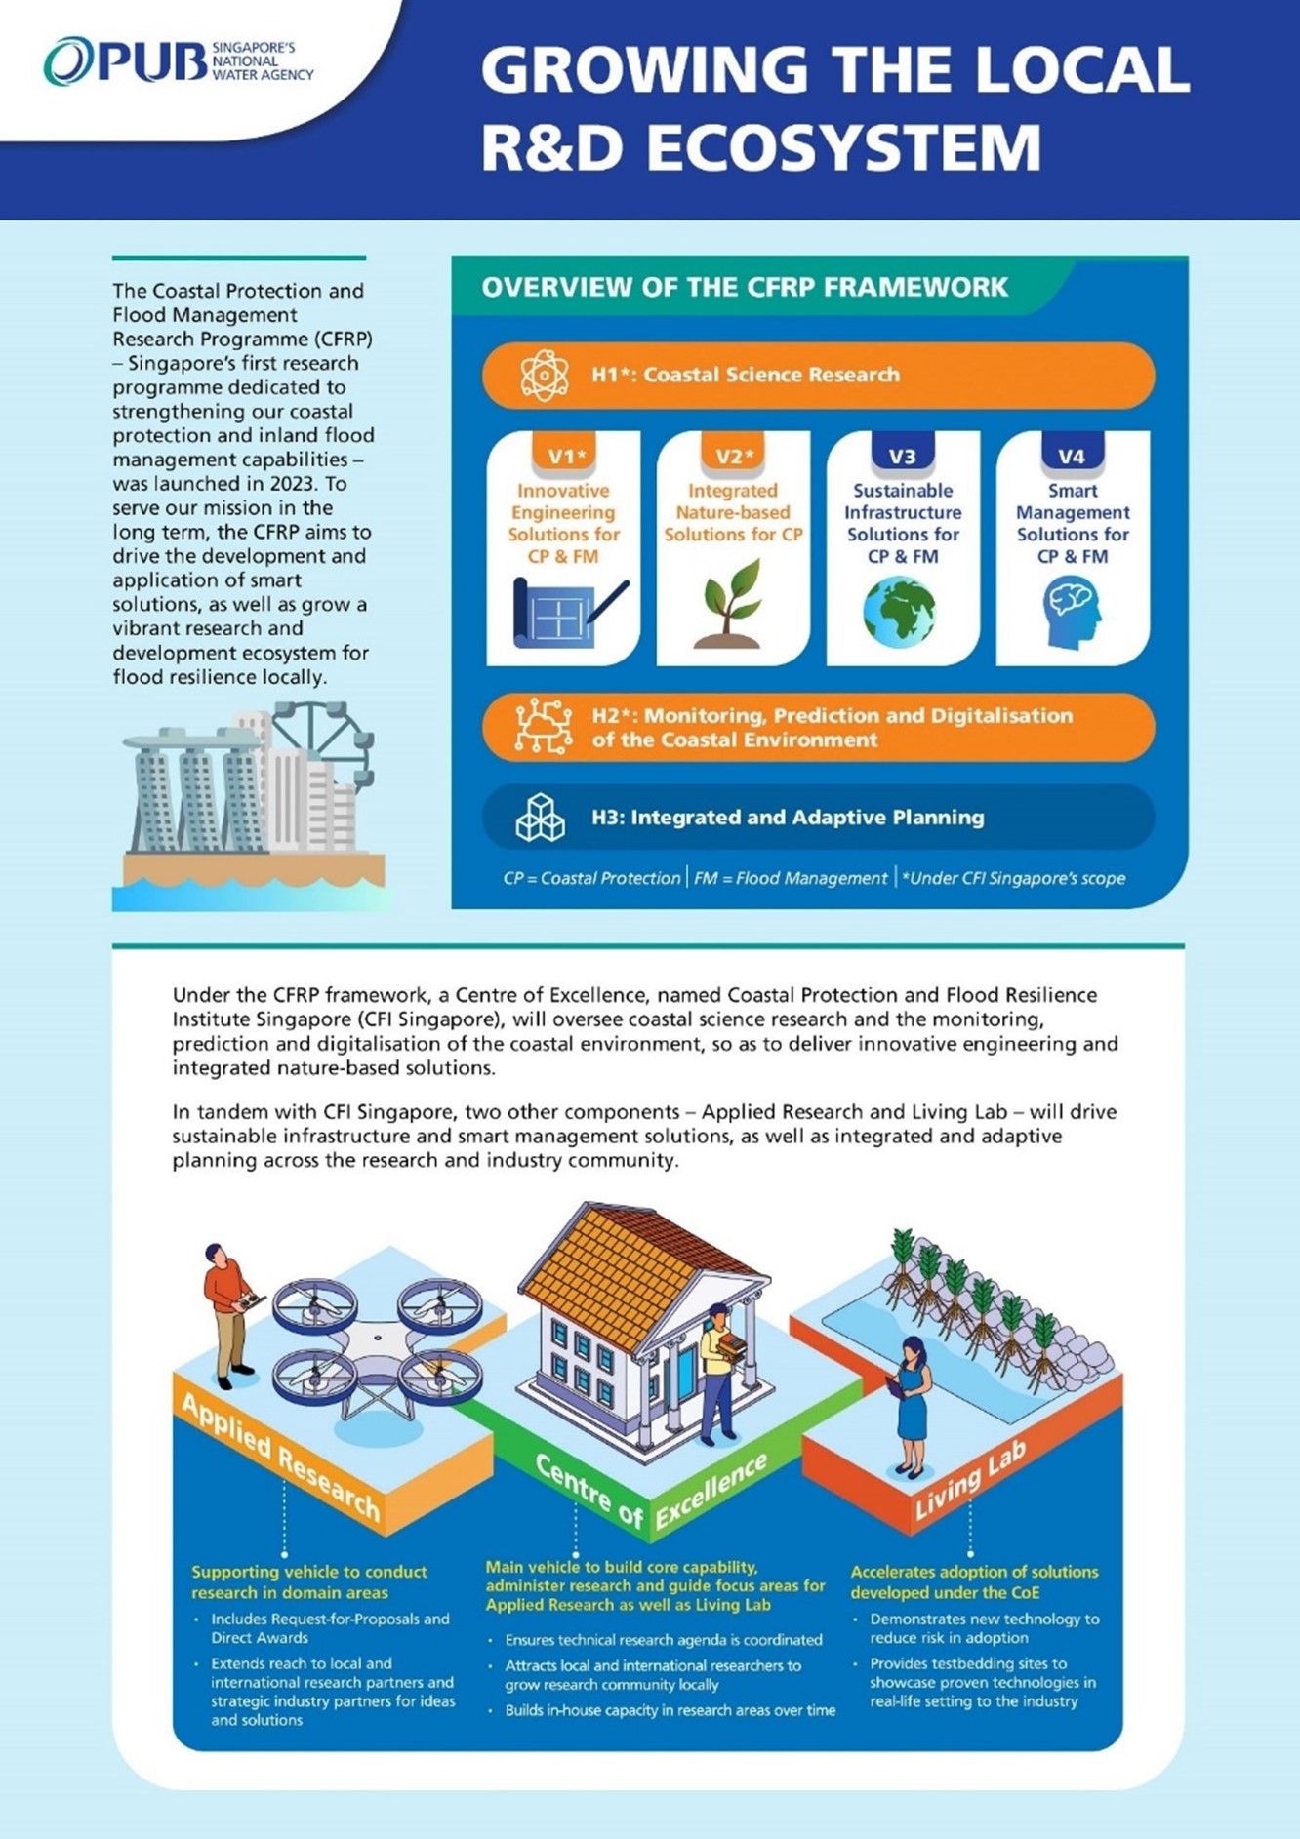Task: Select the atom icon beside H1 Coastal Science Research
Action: [x=544, y=376]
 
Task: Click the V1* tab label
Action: [x=565, y=456]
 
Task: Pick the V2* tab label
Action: [x=734, y=456]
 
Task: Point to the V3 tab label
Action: [x=903, y=456]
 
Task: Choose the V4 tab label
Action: [x=1072, y=456]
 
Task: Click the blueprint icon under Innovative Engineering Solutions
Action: [x=566, y=613]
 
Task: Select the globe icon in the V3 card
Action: [x=900, y=613]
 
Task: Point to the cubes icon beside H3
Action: [x=540, y=818]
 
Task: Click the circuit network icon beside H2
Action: [x=544, y=727]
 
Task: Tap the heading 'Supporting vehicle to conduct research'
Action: [x=308, y=1581]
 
